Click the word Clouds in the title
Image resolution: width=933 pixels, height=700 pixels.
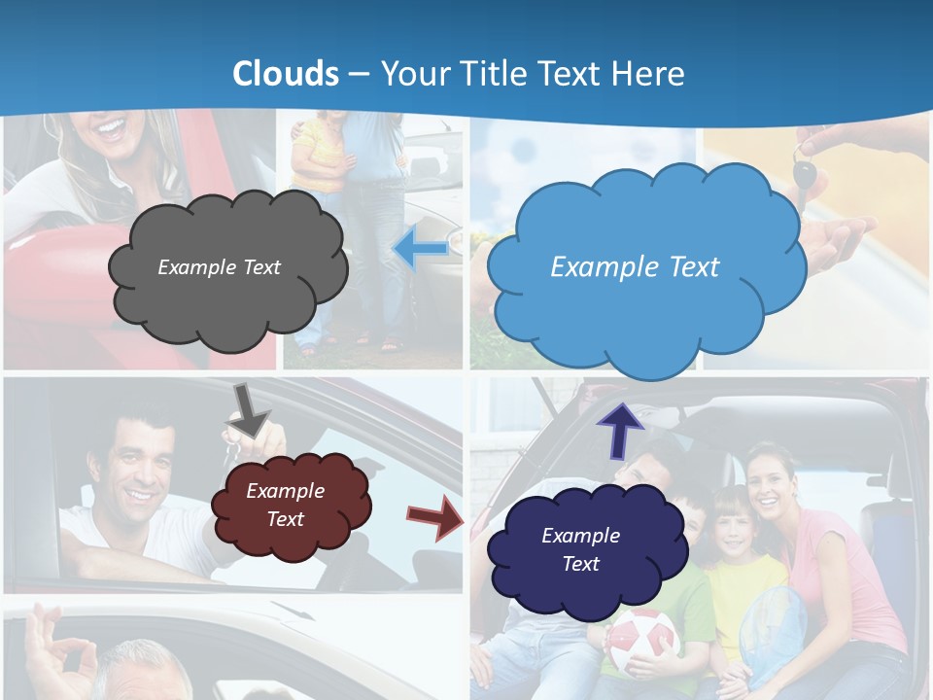coord(286,74)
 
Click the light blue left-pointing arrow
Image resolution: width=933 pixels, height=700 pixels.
coord(419,250)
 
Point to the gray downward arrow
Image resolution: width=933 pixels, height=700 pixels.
coord(249,409)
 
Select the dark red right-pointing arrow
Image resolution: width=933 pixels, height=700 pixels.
coord(434,516)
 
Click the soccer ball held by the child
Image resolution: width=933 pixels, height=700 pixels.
coord(641,642)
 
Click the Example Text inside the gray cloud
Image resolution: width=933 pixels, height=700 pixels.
coord(219,267)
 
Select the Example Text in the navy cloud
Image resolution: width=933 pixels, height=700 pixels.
coord(580,549)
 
